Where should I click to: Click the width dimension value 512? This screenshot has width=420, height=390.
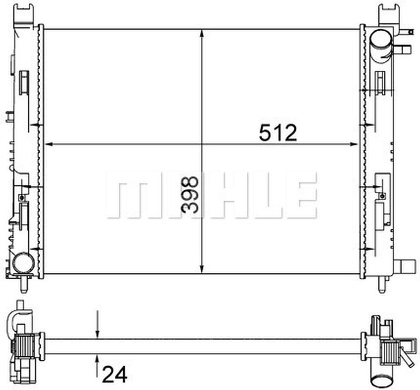[x=278, y=133]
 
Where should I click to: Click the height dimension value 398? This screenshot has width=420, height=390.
[x=190, y=195]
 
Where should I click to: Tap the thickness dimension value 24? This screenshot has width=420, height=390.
[x=115, y=375]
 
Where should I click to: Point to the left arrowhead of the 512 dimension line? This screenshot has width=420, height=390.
[x=49, y=144]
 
